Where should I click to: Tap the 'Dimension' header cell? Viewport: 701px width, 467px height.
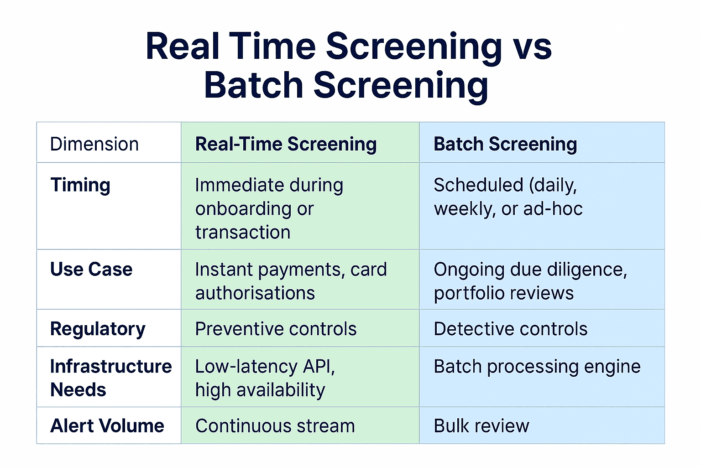pos(94,144)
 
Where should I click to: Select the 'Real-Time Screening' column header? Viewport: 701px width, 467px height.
pos(286,144)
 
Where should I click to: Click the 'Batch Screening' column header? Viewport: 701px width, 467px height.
pos(505,144)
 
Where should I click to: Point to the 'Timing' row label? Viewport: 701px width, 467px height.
pos(80,185)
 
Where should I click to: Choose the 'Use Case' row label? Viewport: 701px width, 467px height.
pos(91,269)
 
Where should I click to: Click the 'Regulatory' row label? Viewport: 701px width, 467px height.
pos(98,329)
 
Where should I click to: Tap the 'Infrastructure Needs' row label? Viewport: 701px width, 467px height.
pos(110,378)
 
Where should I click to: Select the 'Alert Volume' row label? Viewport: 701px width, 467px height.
pos(107,425)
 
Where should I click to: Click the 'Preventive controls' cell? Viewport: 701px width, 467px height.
pos(276,329)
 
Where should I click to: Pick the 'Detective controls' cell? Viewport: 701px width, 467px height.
pos(510,329)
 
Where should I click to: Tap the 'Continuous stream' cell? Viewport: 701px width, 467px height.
pos(275,425)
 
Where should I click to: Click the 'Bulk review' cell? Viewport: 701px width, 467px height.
pos(481,425)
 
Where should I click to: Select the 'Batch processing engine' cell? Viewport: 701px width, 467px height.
pos(537,367)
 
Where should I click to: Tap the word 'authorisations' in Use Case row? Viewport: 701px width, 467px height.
pos(255,293)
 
